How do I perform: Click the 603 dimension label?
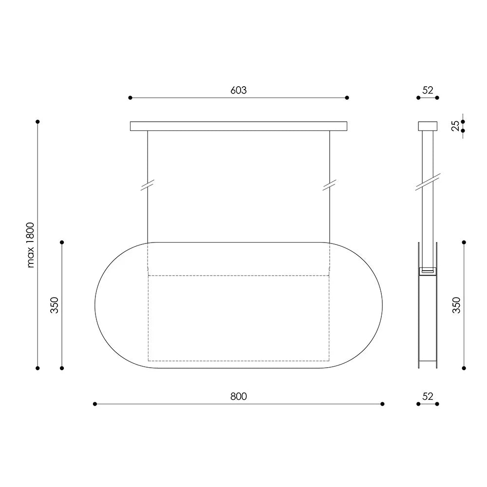point(239,90)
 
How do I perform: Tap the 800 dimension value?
point(239,396)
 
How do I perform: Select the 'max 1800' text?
point(30,245)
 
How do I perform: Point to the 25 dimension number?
point(455,126)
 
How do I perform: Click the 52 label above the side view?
point(428,90)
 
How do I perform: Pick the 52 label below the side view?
point(428,396)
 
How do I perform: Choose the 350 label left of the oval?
point(55,305)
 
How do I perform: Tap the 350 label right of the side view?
point(456,305)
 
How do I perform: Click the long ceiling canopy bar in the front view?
point(239,126)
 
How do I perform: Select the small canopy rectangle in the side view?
point(428,126)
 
